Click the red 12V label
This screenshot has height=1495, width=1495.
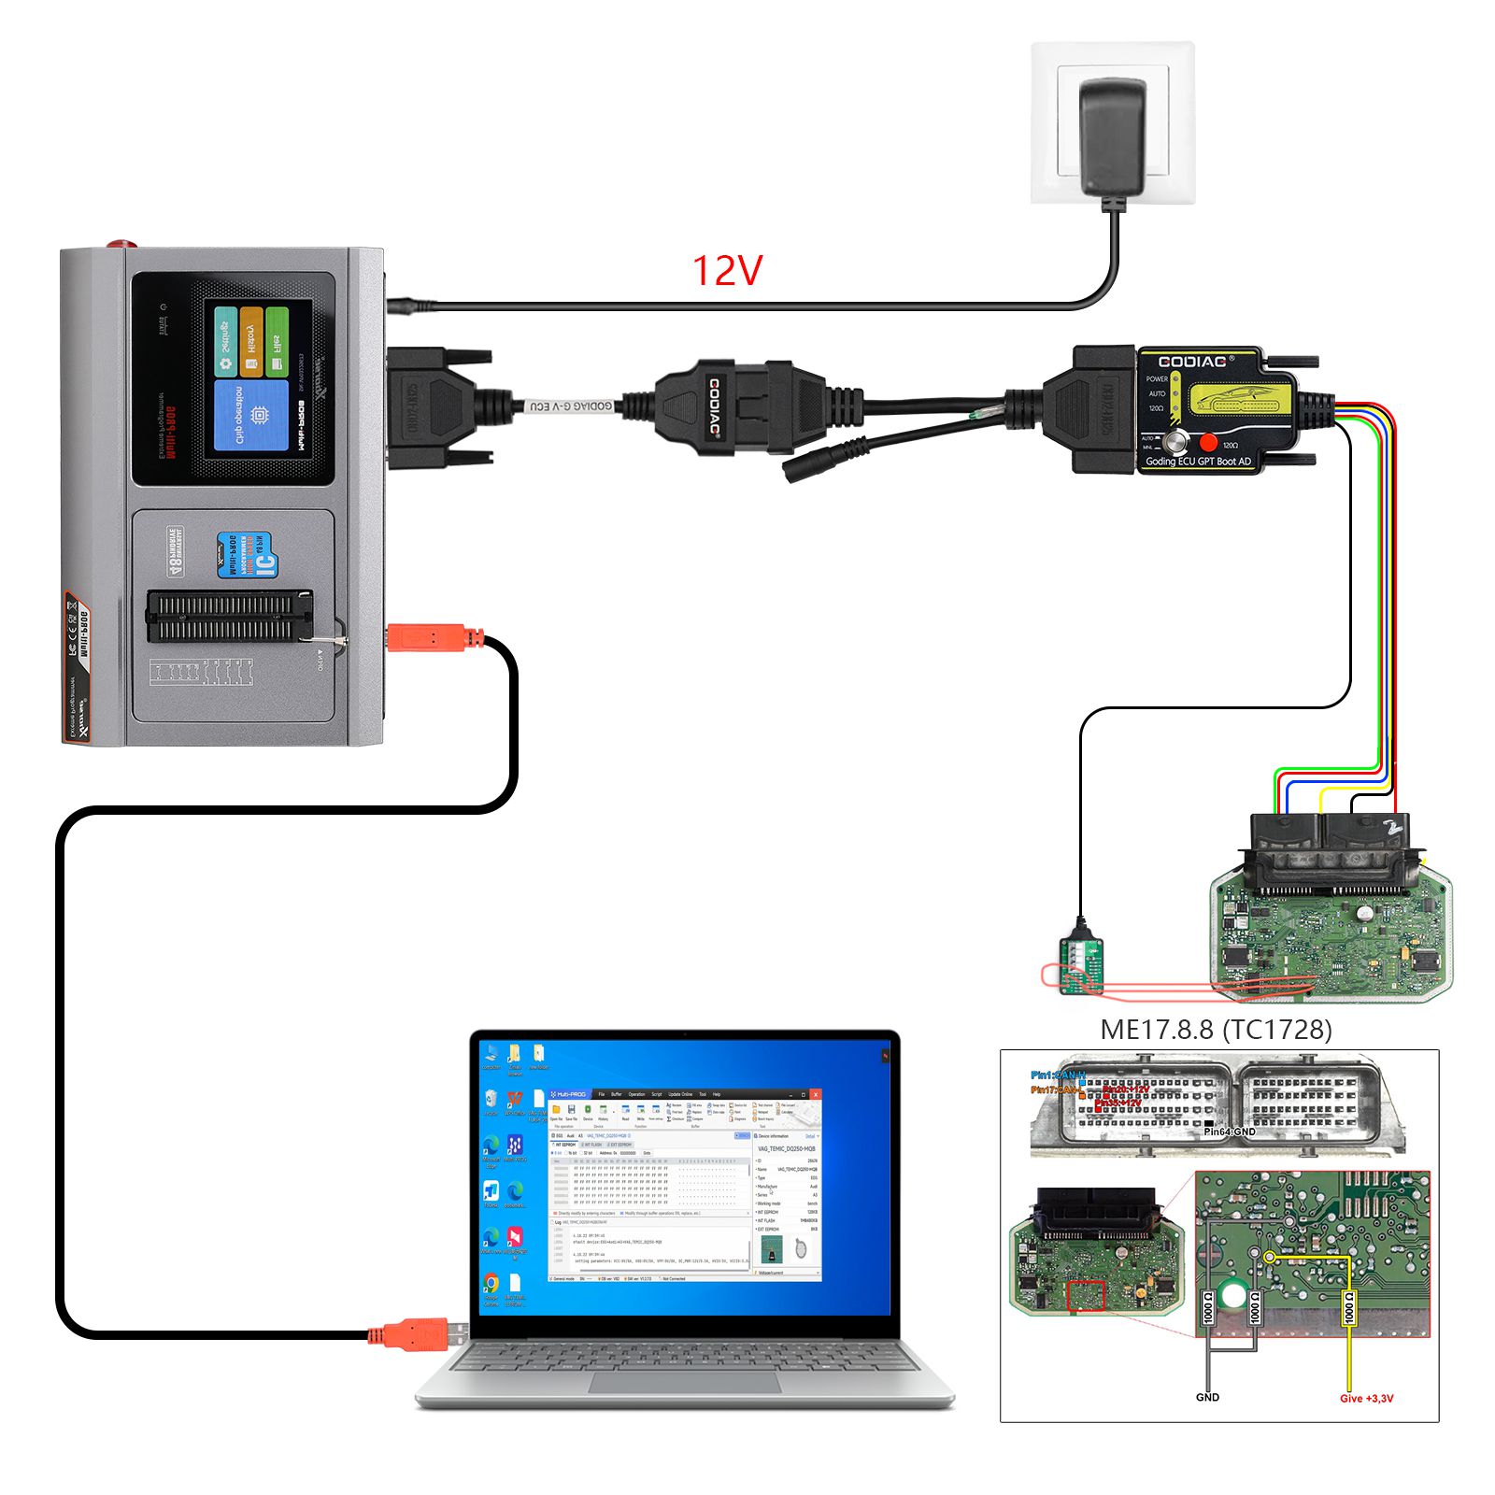727,271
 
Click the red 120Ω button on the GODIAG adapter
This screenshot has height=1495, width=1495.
1208,443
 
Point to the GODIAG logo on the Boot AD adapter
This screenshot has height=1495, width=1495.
1196,362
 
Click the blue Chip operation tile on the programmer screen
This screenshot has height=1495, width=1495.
251,415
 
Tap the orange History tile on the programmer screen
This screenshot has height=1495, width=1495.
251,342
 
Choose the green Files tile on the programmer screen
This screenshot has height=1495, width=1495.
278,342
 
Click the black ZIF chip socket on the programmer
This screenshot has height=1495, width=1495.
230,617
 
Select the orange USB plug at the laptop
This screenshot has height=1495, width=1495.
411,1333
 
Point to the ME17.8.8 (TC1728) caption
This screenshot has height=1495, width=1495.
1216,1029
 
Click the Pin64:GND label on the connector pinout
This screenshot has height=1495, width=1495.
1229,1132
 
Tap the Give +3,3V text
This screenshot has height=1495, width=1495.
1366,1399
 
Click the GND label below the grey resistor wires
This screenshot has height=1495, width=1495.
1207,1398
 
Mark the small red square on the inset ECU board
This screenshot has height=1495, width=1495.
1086,1296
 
